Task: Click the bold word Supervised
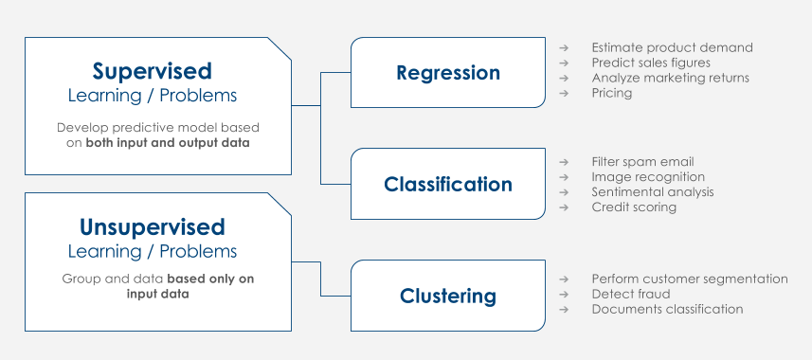click(153, 71)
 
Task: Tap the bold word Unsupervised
click(153, 226)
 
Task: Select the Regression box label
click(448, 73)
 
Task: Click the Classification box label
click(448, 185)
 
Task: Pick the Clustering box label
click(448, 297)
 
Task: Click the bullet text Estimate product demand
click(672, 47)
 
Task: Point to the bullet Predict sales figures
click(651, 63)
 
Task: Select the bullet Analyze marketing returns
click(671, 78)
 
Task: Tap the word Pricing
click(612, 93)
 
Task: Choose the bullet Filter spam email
click(642, 162)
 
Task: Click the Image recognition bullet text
click(648, 177)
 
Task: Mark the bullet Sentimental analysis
click(653, 192)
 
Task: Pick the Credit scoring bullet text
click(634, 207)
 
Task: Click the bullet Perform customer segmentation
click(690, 279)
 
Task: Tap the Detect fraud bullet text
click(631, 294)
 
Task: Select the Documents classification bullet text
click(668, 309)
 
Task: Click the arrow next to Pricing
click(564, 93)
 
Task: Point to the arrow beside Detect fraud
click(564, 295)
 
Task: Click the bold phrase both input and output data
click(168, 143)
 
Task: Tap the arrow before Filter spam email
click(564, 162)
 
